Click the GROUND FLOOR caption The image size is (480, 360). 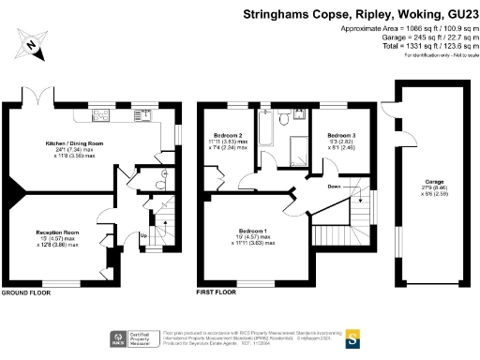pos(26,293)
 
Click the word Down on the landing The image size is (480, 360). pos(334,187)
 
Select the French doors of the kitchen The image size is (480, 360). pos(37,100)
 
